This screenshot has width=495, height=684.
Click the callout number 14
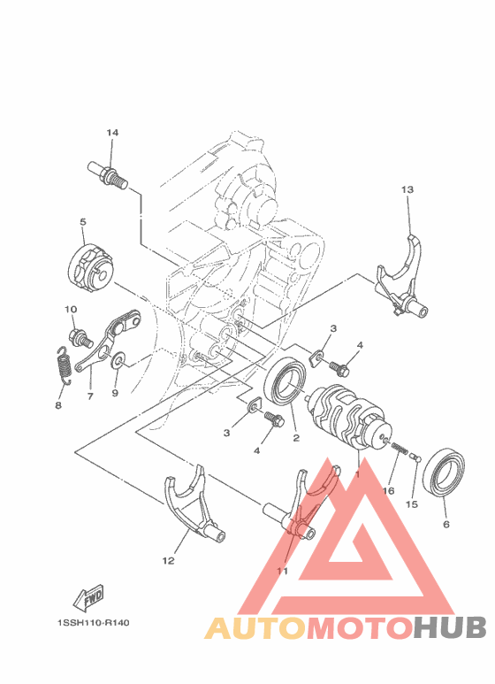pyautogui.click(x=112, y=133)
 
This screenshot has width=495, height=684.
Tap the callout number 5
pyautogui.click(x=82, y=223)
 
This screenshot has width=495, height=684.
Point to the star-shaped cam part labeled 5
pyautogui.click(x=89, y=266)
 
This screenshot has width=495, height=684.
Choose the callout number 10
pyautogui.click(x=71, y=309)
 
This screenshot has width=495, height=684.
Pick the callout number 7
pyautogui.click(x=90, y=397)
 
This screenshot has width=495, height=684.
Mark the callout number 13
pyautogui.click(x=407, y=189)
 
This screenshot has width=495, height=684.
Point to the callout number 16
pyautogui.click(x=387, y=489)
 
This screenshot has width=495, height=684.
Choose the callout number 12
pyautogui.click(x=169, y=560)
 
